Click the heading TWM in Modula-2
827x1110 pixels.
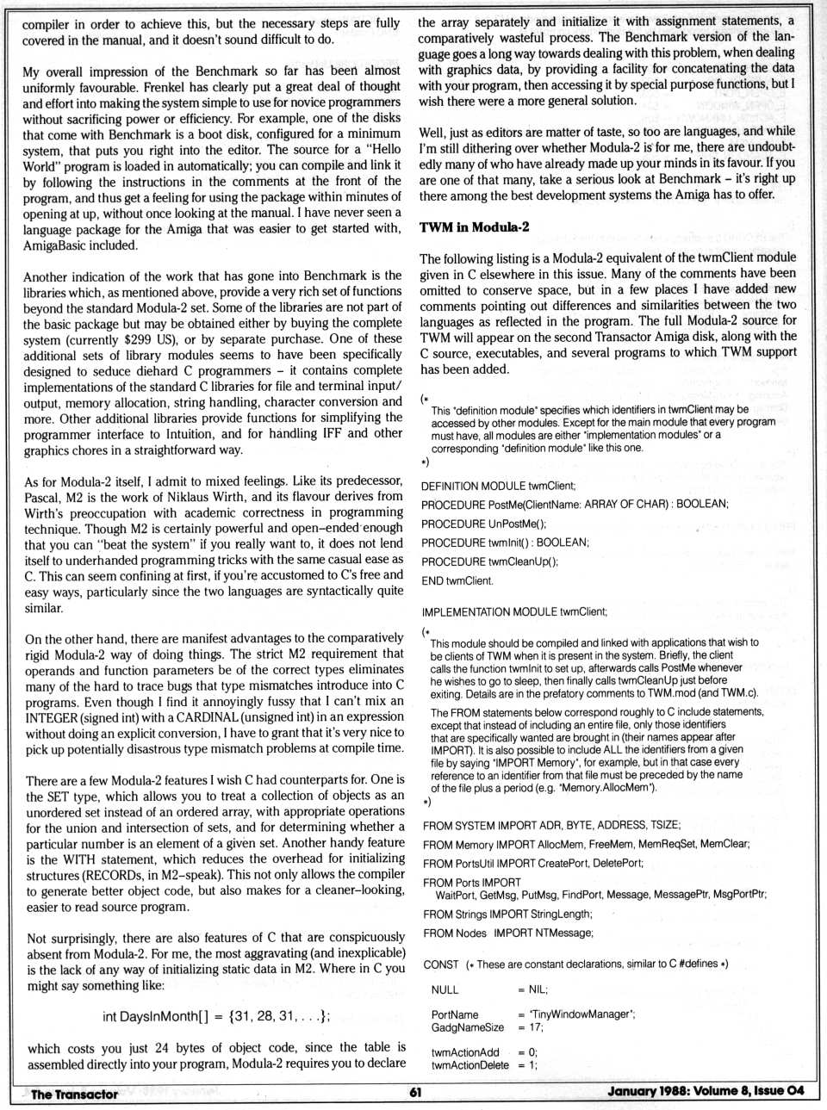point(474,227)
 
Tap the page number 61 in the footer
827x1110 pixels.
point(414,1093)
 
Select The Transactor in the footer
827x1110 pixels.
point(74,1094)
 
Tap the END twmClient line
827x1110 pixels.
point(457,580)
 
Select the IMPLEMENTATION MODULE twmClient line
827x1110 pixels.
point(514,611)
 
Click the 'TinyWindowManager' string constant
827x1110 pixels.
point(582,1014)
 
